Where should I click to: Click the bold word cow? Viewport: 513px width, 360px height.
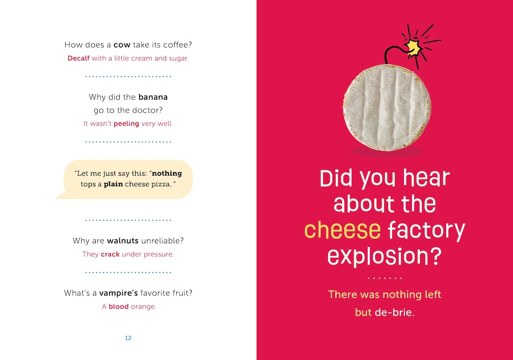(x=122, y=45)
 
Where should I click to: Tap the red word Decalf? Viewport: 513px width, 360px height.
(x=79, y=58)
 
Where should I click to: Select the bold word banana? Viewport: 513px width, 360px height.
(x=153, y=97)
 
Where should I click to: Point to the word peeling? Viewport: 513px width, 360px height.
(x=126, y=123)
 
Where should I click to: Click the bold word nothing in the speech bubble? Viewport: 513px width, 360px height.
(x=167, y=173)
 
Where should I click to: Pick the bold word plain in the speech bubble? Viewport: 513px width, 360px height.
(x=113, y=184)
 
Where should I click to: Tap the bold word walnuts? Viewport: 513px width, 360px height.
(x=123, y=241)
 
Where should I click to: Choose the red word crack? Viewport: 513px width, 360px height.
(x=110, y=254)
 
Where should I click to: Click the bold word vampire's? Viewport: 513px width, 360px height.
(x=119, y=293)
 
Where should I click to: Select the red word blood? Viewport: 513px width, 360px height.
(x=119, y=307)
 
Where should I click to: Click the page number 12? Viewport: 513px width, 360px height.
(x=128, y=338)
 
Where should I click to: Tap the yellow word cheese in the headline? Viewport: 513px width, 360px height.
(x=343, y=230)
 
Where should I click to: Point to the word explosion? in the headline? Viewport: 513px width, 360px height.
(x=384, y=256)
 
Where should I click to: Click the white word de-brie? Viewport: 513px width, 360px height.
(x=394, y=312)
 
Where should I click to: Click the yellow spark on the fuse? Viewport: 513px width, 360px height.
(x=414, y=48)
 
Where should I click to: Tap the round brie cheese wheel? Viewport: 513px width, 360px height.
(x=387, y=107)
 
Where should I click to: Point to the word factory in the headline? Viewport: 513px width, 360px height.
(x=426, y=230)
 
